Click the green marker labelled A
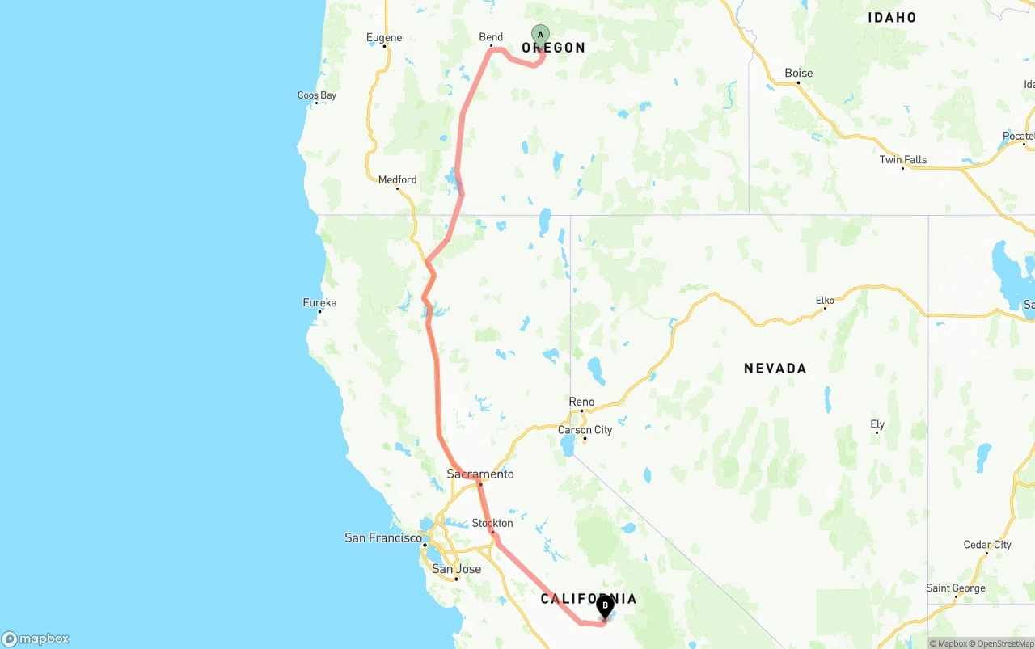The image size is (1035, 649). tap(540, 35)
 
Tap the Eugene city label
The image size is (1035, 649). tap(383, 37)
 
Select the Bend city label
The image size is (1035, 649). tap(491, 37)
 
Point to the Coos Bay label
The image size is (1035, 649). tap(316, 95)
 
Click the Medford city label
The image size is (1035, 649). tap(397, 179)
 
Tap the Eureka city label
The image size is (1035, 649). tap(319, 303)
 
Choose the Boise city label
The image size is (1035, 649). tap(798, 73)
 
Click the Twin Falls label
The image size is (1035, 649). tap(903, 159)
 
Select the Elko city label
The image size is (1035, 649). tap(825, 301)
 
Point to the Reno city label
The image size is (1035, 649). tap(581, 402)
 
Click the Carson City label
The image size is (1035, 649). tap(585, 430)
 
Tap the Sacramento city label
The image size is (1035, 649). tap(480, 474)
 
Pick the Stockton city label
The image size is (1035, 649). tap(492, 523)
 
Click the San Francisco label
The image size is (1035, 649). tap(383, 537)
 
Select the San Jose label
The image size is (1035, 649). tap(456, 569)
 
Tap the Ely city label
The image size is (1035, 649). tap(877, 424)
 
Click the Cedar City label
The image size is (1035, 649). tap(987, 545)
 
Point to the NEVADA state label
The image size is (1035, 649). tap(775, 369)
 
